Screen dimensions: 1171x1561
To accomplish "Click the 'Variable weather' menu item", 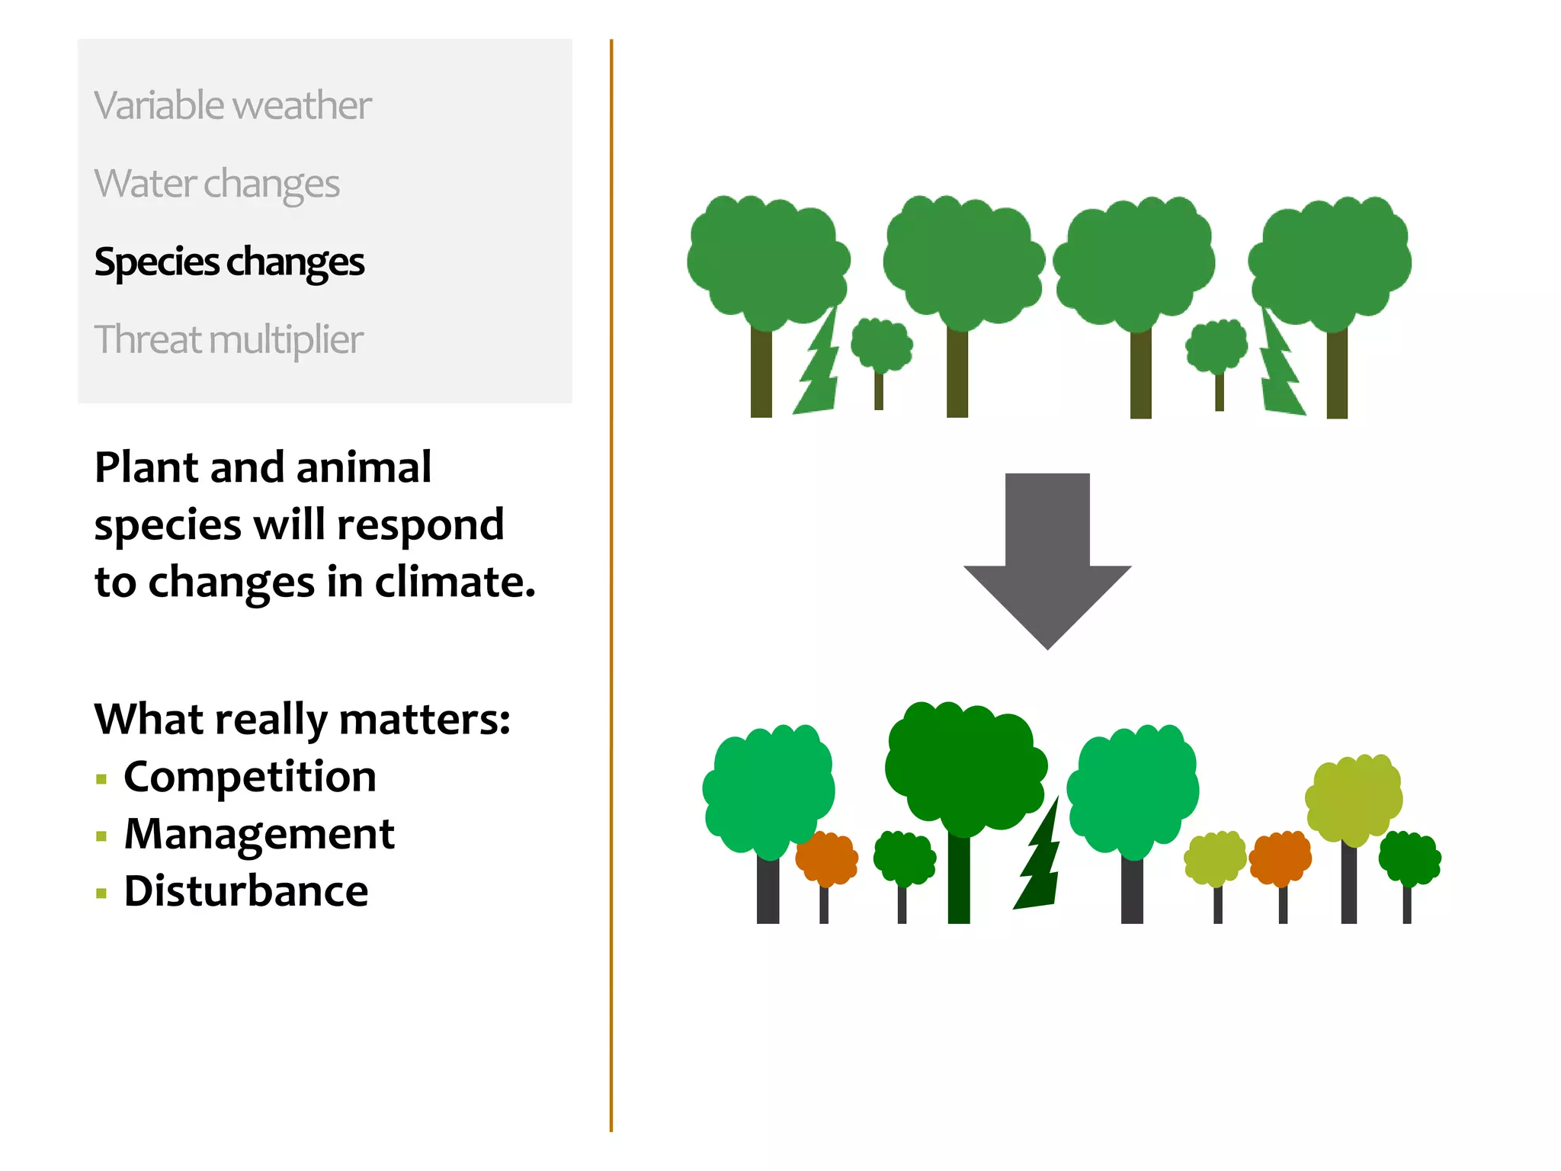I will (x=232, y=105).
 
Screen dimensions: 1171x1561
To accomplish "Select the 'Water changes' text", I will (x=216, y=184).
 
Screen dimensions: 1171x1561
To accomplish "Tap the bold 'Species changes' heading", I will (x=229, y=262).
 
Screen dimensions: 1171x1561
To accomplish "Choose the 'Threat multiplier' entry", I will (x=228, y=340).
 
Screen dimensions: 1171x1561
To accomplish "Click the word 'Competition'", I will (x=250, y=777).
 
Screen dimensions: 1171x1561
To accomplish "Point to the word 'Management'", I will (x=259, y=834).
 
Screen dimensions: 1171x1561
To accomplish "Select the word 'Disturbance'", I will (x=246, y=891).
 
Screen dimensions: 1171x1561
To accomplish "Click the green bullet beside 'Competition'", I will (x=101, y=779).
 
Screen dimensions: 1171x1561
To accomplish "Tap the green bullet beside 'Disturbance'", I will (x=101, y=893).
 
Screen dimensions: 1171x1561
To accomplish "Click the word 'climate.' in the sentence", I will (x=455, y=582).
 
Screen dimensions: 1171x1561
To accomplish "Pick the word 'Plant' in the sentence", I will (x=146, y=467).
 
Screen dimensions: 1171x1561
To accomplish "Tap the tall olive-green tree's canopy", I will (x=1354, y=797).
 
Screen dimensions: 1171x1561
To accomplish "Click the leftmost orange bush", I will (x=826, y=858).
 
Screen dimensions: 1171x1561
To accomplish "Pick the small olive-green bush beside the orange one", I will (x=1215, y=858).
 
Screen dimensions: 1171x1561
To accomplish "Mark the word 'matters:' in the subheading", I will (x=425, y=720).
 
